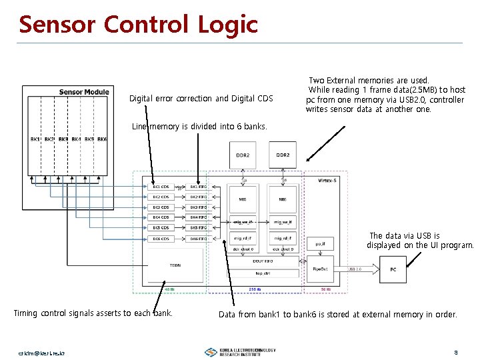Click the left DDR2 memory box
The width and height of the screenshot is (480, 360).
point(243,155)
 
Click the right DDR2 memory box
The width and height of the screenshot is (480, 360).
point(283,155)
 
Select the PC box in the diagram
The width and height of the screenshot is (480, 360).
point(393,269)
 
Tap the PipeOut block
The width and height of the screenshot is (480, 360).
point(320,269)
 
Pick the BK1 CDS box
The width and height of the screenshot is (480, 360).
point(161,187)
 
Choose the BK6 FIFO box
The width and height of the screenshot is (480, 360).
point(199,238)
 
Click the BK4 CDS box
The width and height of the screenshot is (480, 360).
point(161,217)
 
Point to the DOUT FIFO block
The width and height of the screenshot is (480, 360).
point(262,261)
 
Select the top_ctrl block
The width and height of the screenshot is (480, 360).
point(262,273)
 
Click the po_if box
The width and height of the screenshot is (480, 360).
point(320,244)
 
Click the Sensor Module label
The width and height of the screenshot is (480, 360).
point(84,92)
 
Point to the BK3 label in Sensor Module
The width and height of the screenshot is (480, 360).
point(63,139)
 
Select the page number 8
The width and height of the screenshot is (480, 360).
point(455,351)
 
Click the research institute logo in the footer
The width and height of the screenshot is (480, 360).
point(240,351)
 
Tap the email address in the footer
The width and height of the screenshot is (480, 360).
point(41,351)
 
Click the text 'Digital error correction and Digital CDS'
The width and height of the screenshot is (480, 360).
point(201,99)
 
